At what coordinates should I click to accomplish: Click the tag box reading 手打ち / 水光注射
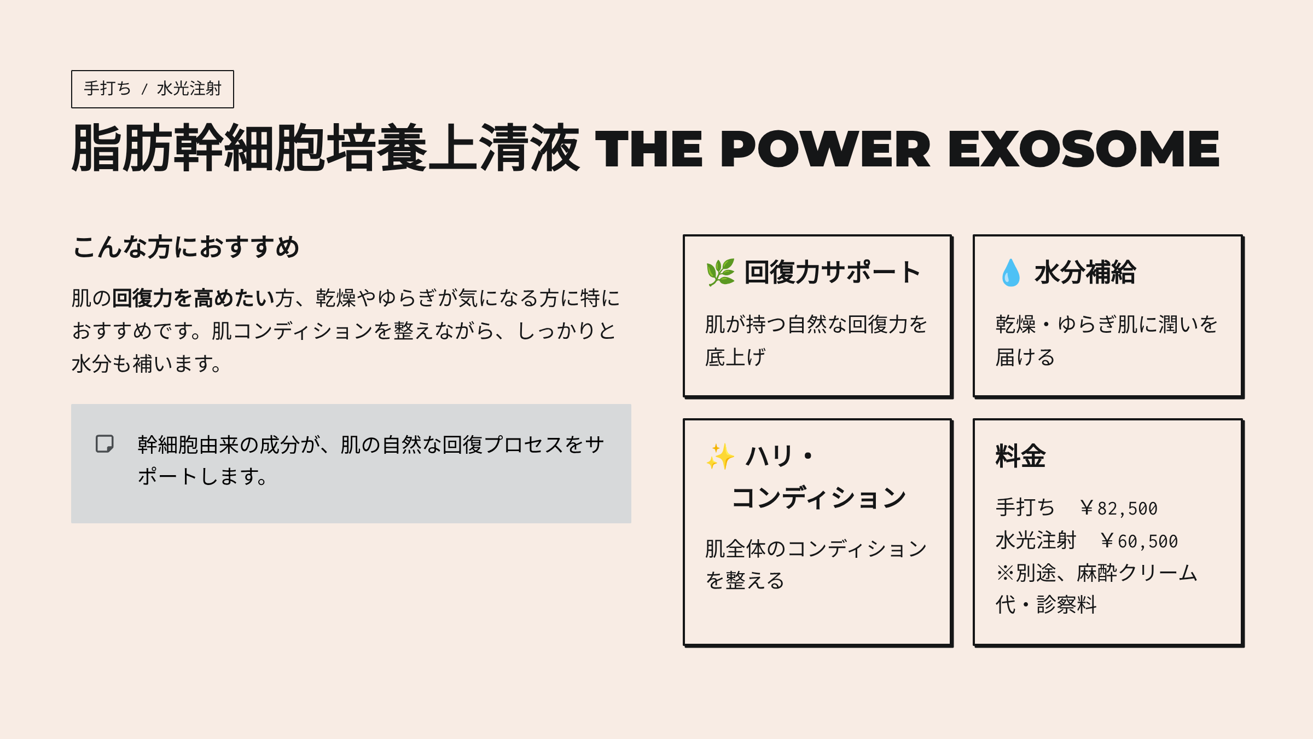pos(153,89)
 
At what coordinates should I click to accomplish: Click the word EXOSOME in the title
pos(1083,149)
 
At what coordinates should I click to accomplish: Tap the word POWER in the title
pos(825,149)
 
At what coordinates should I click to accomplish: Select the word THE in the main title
pos(649,149)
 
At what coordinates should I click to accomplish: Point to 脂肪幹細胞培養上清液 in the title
pos(326,148)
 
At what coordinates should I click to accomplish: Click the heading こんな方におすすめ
pos(186,247)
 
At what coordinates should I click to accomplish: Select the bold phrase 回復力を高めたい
pos(193,298)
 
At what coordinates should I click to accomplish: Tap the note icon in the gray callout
pos(104,444)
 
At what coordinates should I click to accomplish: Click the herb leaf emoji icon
pos(721,273)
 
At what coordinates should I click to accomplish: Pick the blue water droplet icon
pos(1010,273)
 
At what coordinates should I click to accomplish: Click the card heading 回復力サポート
pos(833,273)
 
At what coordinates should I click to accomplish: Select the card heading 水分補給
pos(1085,273)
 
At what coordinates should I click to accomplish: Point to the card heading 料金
pos(1020,456)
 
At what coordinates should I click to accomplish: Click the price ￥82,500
pos(1118,508)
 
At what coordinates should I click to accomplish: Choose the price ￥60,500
pos(1138,541)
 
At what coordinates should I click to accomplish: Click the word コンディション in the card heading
pos(818,498)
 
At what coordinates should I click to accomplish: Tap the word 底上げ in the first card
pos(735,357)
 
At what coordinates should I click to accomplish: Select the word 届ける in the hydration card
pos(1025,357)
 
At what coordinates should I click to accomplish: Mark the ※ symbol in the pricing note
pos(1006,573)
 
